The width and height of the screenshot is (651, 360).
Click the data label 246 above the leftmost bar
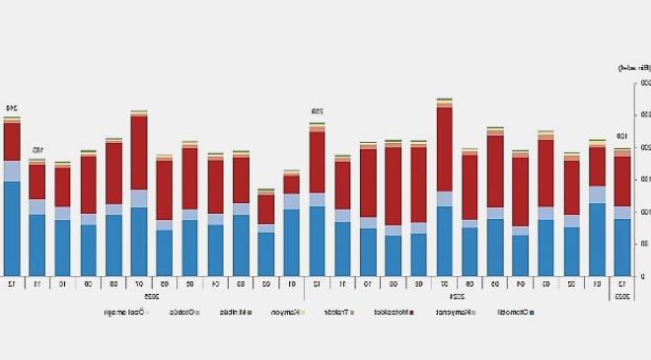(13, 108)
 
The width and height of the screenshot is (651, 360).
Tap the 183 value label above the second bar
(37, 150)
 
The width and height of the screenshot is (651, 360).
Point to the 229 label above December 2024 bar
(318, 111)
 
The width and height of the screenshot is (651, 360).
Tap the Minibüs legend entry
(262, 313)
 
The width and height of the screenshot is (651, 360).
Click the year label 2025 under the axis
(153, 295)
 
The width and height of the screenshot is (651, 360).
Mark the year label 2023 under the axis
(622, 295)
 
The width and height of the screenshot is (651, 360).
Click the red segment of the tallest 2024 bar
(444, 148)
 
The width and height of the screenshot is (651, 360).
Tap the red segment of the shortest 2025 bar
(265, 209)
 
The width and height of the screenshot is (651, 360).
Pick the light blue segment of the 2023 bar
(622, 212)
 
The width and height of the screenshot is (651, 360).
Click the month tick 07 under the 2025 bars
(139, 284)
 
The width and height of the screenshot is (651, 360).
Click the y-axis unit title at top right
(630, 68)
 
